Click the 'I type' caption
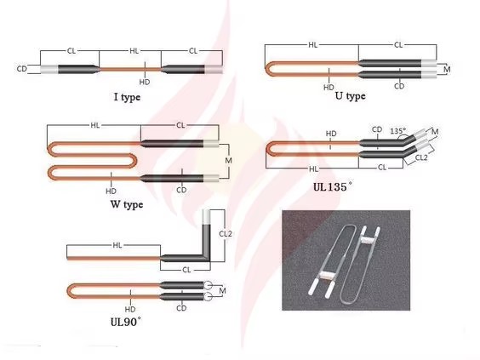127,97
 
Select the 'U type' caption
350,96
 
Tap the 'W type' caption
127,204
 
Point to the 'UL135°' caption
333,186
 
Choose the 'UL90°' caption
126,322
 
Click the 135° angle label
398,131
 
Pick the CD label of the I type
22,69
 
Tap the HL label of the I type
134,51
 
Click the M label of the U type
447,70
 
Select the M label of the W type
228,160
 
